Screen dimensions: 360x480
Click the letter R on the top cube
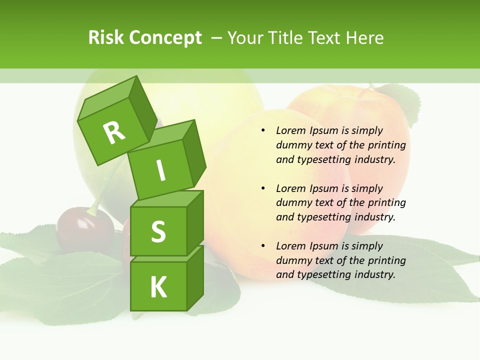coord(114,132)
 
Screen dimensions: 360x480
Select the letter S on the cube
coord(158,231)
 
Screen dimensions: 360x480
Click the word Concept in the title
coord(166,37)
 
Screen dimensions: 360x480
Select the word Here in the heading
coord(366,37)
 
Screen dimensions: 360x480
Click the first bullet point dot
coord(263,131)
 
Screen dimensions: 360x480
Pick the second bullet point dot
coord(263,188)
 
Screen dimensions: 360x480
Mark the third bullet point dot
coord(263,246)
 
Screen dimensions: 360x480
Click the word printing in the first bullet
coord(386,145)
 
